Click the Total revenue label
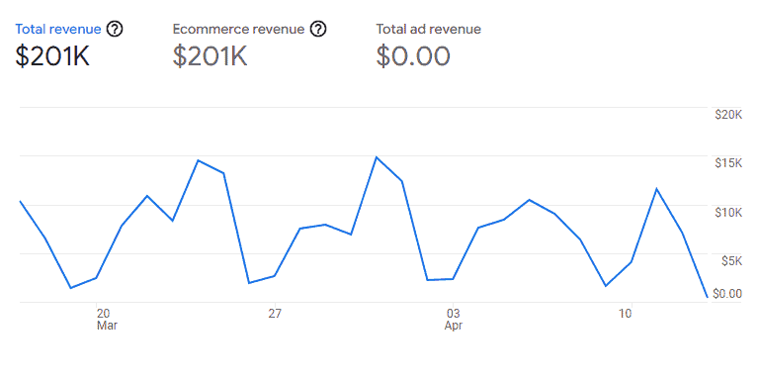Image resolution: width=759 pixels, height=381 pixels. point(58,29)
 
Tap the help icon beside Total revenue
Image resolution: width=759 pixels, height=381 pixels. point(115,29)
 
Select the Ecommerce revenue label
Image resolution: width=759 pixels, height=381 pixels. point(237,29)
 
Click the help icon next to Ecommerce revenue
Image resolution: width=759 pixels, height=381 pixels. point(317,29)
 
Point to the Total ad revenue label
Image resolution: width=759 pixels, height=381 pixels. point(428,29)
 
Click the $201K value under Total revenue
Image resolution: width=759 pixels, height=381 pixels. point(53,57)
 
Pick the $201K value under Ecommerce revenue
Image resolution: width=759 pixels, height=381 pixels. point(210,57)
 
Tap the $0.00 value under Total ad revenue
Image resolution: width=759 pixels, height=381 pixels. point(413,57)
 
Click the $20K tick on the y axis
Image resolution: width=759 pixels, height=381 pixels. point(728,115)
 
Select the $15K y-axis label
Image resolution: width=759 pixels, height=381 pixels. point(728,163)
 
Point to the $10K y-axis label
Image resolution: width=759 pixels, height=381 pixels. point(728,212)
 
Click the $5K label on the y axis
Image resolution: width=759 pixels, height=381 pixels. point(730,260)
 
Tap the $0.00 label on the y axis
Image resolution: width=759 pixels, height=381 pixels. point(727,293)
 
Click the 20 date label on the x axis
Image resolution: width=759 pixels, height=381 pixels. point(104,314)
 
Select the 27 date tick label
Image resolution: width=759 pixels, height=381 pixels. point(275,314)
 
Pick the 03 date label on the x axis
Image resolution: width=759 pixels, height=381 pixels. point(453,314)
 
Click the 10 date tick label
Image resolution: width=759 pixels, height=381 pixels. point(626,314)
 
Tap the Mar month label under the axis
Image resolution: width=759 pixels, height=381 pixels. point(107,326)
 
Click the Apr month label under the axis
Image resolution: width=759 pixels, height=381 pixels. point(454,326)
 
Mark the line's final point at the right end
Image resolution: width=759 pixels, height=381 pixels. point(707,296)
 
